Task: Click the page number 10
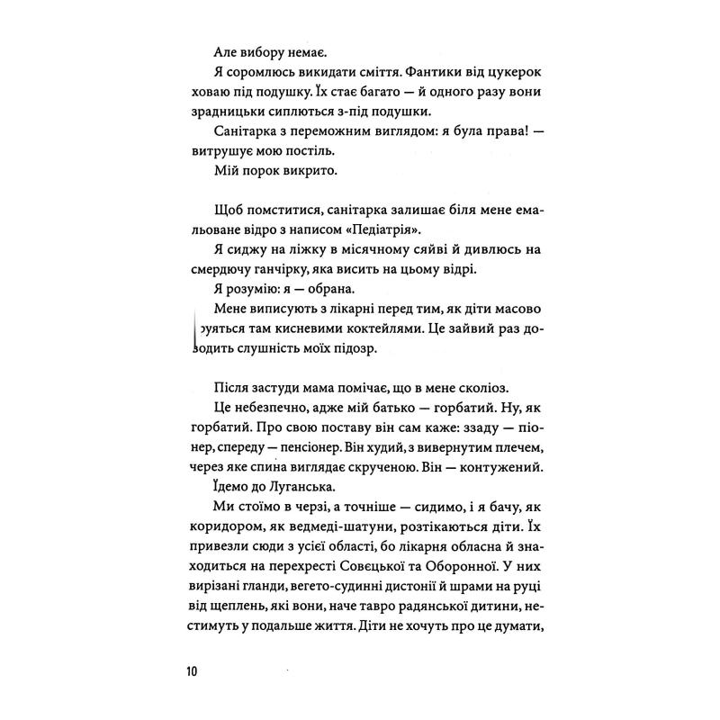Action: click(194, 672)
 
